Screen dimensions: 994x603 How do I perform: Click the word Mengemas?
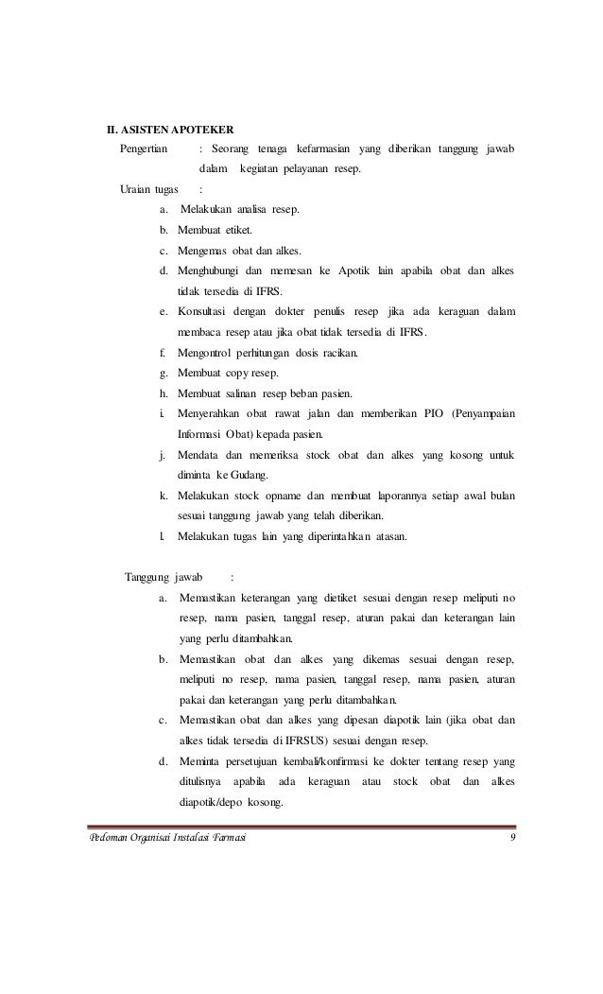click(206, 251)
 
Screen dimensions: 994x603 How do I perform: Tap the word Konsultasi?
click(206, 312)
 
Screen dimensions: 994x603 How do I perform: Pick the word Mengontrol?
click(208, 353)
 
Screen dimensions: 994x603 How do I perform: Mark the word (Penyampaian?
click(483, 413)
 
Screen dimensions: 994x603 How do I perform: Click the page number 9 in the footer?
click(511, 840)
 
